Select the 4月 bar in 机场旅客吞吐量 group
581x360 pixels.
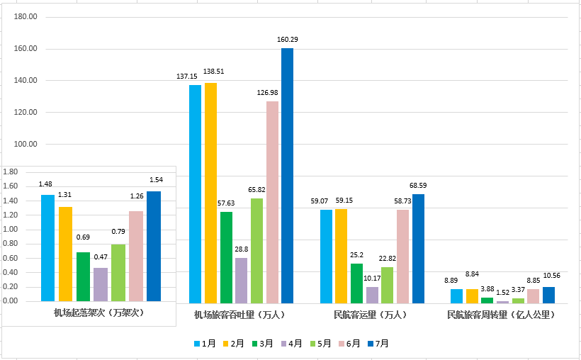(x=241, y=281)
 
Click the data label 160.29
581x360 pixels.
(x=288, y=40)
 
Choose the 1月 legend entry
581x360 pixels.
(x=204, y=344)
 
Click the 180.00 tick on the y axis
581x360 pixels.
(x=26, y=17)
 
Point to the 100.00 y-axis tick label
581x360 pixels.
(x=26, y=144)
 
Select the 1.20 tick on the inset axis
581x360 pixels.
(x=14, y=215)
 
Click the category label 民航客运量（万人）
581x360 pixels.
(x=371, y=313)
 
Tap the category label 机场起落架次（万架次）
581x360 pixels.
(x=98, y=312)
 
